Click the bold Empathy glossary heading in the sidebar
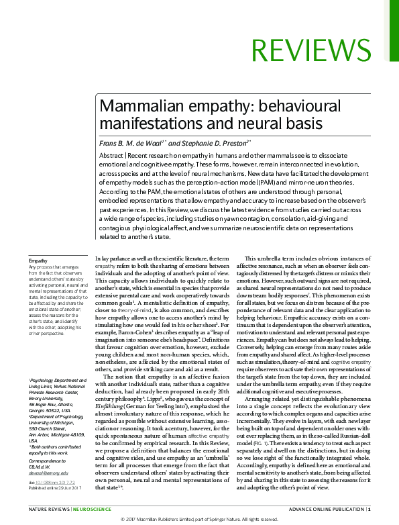point(38,260)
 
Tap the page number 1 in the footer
point(369,509)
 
